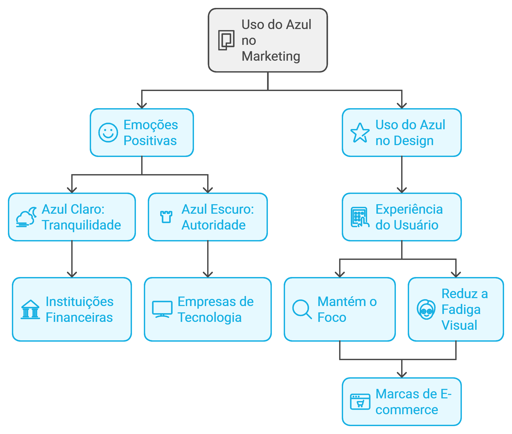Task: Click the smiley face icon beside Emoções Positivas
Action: click(108, 132)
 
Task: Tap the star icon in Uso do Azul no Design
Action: click(360, 133)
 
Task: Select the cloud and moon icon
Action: click(26, 217)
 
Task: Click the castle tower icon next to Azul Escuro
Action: click(166, 217)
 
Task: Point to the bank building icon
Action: click(30, 309)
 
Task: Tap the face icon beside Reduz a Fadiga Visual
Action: click(426, 309)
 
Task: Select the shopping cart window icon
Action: click(360, 402)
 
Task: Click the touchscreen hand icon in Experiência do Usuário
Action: click(360, 217)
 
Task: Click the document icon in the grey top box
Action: click(226, 40)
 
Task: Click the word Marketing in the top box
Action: click(271, 56)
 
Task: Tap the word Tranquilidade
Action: click(81, 225)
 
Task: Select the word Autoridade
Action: click(214, 225)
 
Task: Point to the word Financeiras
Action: click(79, 317)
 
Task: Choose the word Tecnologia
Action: click(210, 317)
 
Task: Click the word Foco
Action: click(332, 317)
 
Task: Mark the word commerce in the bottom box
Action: click(407, 410)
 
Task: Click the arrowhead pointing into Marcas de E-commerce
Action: click(402, 375)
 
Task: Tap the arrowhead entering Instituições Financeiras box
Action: click(72, 274)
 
